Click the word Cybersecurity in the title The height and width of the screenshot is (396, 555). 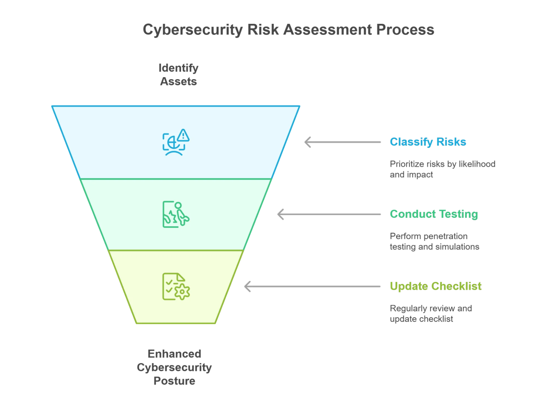tap(192, 30)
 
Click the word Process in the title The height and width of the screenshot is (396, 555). tap(405, 30)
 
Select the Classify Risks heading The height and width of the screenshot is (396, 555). tap(428, 142)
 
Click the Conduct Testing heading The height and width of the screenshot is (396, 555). tap(434, 214)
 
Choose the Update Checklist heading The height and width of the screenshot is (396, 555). tap(435, 286)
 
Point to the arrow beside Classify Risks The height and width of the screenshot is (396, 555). tap(343, 142)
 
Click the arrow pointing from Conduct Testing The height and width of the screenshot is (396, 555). tap(329, 215)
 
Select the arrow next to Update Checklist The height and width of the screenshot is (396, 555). tap(312, 286)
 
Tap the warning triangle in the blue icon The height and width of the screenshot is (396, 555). tap(183, 135)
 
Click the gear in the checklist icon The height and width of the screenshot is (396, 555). tap(182, 291)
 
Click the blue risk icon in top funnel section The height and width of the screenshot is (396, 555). tap(175, 143)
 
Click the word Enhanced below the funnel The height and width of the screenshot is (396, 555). tap(174, 354)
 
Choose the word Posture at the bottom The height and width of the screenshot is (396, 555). tap(174, 381)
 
